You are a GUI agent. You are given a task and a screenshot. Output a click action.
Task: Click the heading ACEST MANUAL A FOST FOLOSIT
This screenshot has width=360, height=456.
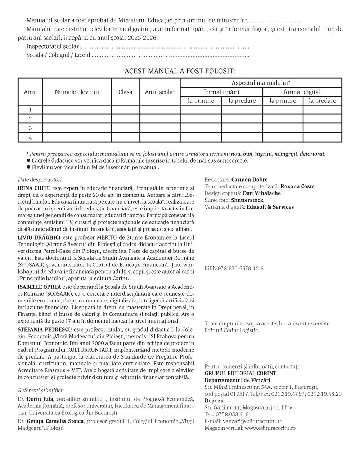tap(180, 71)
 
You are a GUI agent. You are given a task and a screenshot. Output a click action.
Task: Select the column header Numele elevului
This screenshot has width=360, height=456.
tap(77, 92)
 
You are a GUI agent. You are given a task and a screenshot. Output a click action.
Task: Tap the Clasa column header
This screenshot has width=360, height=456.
tap(125, 92)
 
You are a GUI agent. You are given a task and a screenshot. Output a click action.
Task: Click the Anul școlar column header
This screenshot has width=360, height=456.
tap(160, 92)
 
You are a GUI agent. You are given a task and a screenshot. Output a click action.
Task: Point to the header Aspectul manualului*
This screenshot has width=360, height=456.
tap(261, 83)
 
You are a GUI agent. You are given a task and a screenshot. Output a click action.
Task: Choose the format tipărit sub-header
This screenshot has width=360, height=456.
tap(221, 92)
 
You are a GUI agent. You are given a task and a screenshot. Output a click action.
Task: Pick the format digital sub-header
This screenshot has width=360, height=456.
tap(302, 92)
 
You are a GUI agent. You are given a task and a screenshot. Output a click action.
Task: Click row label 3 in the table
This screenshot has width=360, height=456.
tap(30, 128)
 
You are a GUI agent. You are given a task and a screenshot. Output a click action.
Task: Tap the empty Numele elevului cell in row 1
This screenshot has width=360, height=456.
tap(77, 110)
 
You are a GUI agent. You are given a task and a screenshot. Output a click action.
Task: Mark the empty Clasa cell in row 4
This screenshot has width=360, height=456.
tap(125, 137)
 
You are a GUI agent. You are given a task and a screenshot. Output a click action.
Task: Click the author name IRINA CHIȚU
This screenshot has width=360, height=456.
tap(34, 188)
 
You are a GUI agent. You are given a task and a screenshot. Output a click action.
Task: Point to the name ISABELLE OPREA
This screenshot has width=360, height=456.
tap(39, 287)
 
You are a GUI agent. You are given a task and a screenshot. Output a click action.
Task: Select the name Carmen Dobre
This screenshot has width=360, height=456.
tap(249, 179)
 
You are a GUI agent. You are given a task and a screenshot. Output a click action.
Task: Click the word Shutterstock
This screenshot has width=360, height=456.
tap(247, 200)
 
